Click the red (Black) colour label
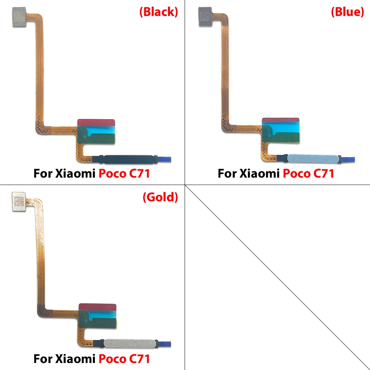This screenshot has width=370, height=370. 159,12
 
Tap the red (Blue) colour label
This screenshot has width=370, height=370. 347,12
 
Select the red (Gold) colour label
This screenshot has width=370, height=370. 160,197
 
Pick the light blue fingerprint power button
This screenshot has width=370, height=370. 313,158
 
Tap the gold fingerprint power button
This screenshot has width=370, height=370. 129,344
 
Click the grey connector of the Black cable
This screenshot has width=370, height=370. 19,17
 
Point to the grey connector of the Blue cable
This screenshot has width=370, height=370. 205,17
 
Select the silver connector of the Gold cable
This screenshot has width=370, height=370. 18,202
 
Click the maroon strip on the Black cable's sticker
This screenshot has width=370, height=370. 96,122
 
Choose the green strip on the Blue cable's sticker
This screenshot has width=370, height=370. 283,137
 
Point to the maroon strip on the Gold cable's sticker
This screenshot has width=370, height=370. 97,307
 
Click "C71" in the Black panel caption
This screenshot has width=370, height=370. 139,174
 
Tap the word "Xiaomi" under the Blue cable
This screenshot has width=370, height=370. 259,174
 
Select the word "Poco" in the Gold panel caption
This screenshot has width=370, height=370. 112,359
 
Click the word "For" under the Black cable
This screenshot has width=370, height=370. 43,174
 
